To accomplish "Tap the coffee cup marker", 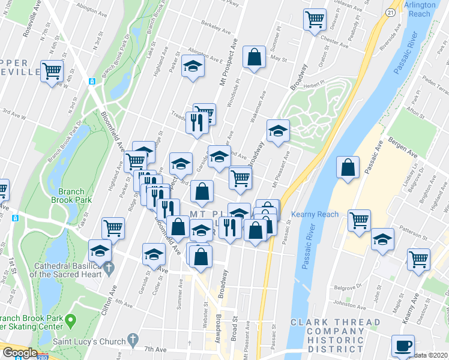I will (x=402, y=346).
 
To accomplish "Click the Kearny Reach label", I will (x=315, y=214).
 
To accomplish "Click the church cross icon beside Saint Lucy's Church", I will (x=133, y=340).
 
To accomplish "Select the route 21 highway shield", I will (x=390, y=12).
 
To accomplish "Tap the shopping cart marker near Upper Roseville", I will (x=52, y=70).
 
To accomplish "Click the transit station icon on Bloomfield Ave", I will (x=92, y=82).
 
